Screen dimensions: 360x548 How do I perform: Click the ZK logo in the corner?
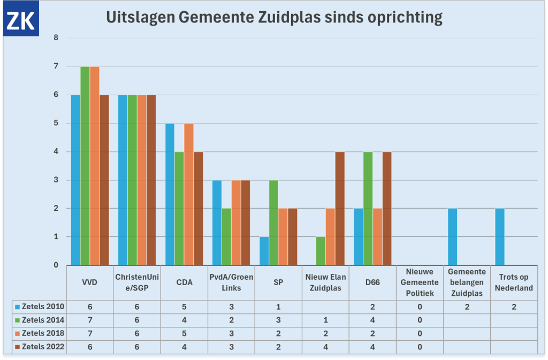pyautogui.click(x=20, y=20)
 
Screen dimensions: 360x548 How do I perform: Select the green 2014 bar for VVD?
pyautogui.click(x=85, y=166)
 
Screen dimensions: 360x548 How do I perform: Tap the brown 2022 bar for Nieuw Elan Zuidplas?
pyautogui.click(x=340, y=209)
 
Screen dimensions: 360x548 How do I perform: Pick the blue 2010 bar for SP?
pyautogui.click(x=264, y=251)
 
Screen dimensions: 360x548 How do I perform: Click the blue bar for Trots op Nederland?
pyautogui.click(x=500, y=237)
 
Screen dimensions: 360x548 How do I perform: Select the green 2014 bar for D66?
pyautogui.click(x=368, y=209)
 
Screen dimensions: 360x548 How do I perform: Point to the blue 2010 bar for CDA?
pyautogui.click(x=170, y=194)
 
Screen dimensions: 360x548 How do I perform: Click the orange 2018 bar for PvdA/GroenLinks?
pyautogui.click(x=236, y=223)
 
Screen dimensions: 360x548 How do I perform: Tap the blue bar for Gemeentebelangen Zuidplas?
pyautogui.click(x=453, y=237)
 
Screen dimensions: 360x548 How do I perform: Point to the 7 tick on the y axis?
pyautogui.click(x=56, y=66)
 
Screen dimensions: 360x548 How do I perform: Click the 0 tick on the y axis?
pyautogui.click(x=56, y=265)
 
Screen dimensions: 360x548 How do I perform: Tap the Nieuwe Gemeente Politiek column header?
pyautogui.click(x=420, y=282)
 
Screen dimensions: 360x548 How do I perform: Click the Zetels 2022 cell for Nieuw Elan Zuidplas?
pyautogui.click(x=325, y=347)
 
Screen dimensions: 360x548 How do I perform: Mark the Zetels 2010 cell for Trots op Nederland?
pyautogui.click(x=514, y=307)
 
